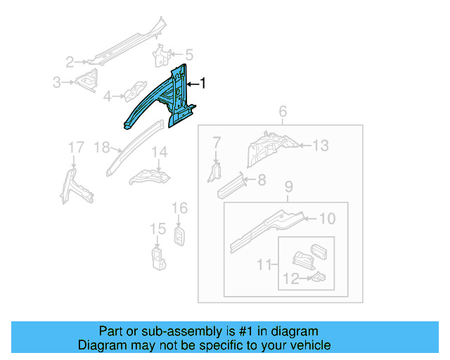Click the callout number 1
click(204, 84)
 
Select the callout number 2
click(70, 61)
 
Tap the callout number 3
click(57, 82)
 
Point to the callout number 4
click(108, 96)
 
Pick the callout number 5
click(189, 54)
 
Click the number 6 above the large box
click(283, 111)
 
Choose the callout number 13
click(321, 146)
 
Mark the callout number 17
click(75, 147)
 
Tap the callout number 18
click(102, 147)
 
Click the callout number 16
click(180, 208)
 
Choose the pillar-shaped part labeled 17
click(75, 184)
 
